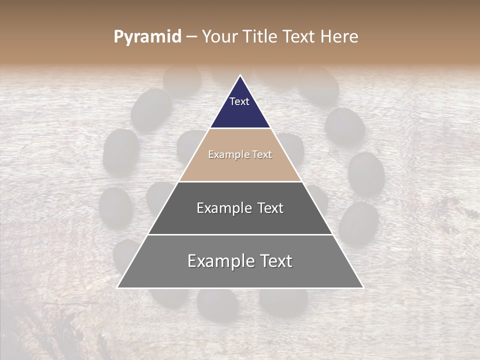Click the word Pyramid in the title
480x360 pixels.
pyautogui.click(x=147, y=37)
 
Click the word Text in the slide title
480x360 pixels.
pyautogui.click(x=299, y=37)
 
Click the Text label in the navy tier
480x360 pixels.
pyautogui.click(x=239, y=101)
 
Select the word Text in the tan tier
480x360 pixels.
pyautogui.click(x=262, y=155)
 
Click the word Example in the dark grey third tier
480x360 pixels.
pyautogui.click(x=223, y=208)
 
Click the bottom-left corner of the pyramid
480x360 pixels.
pyautogui.click(x=118, y=287)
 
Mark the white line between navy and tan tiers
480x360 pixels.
pyautogui.click(x=240, y=128)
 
